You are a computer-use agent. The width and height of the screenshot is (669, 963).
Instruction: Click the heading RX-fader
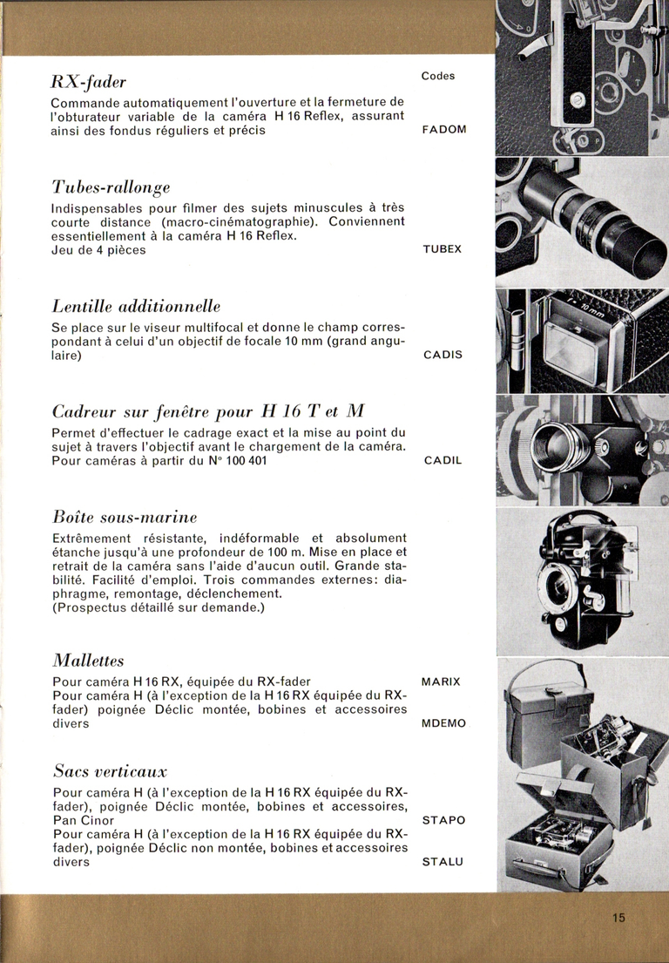[89, 83]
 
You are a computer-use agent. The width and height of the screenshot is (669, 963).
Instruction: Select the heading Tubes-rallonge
[111, 187]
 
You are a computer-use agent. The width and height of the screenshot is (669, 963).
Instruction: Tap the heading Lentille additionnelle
[136, 307]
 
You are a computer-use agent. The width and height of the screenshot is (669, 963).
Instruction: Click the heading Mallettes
[89, 659]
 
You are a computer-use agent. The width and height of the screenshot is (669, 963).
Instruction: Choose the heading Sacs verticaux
[110, 771]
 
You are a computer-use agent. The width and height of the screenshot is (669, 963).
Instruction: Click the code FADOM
[444, 129]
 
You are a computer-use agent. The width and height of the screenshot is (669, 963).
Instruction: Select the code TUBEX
[443, 249]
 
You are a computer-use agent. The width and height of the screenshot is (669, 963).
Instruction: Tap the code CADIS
[442, 356]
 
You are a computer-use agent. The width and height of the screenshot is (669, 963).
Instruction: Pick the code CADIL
[443, 460]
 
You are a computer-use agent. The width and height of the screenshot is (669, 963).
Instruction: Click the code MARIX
[441, 681]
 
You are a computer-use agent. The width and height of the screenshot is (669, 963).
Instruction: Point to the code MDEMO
[443, 723]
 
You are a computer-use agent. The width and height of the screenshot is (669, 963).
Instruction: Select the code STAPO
[443, 820]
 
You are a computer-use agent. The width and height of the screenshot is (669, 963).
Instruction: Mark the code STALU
[443, 863]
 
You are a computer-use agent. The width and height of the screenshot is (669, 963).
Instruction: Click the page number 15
[618, 917]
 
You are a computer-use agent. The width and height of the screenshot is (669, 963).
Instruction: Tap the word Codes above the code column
[438, 76]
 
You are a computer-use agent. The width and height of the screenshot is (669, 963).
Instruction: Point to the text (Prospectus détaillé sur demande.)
[158, 607]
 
